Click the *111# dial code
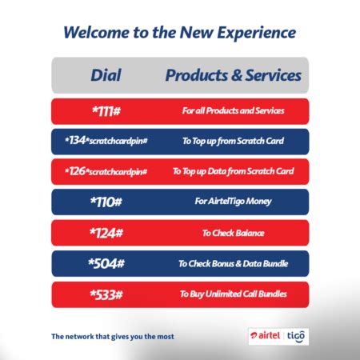tap(106, 111)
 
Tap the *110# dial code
tap(106, 202)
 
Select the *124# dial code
tap(106, 233)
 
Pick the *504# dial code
tap(106, 263)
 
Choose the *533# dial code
tap(106, 294)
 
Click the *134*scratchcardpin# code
tap(106, 141)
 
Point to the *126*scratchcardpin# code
tap(106, 171)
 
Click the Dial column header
tap(106, 75)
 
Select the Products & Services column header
tap(234, 75)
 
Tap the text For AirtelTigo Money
tap(233, 202)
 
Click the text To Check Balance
tap(233, 233)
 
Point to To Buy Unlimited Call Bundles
tap(234, 294)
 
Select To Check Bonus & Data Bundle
tap(234, 263)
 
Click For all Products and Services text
tap(234, 110)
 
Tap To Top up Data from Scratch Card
tap(234, 171)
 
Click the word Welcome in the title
tap(96, 33)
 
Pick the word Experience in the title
tap(257, 34)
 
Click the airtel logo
tap(265, 335)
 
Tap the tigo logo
tap(296, 336)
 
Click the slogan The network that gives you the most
tap(113, 337)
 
